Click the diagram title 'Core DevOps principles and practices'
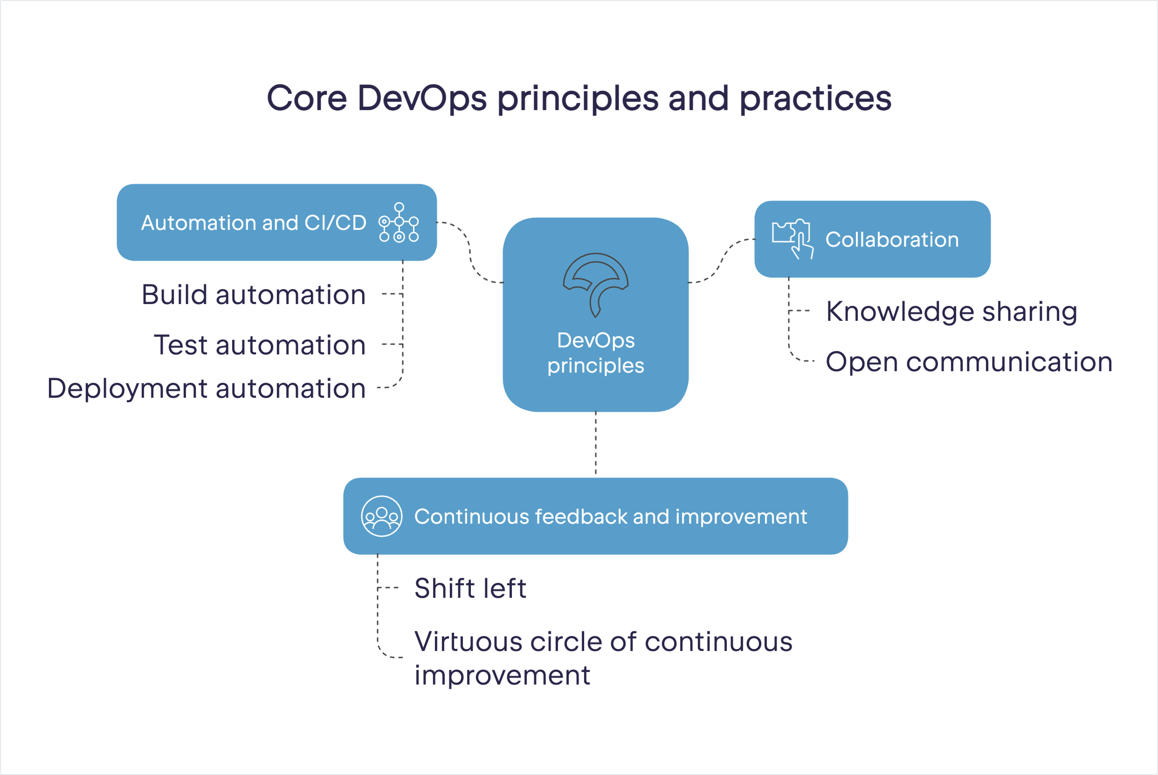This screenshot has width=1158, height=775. pos(579,98)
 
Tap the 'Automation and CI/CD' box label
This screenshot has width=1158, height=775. pos(254,223)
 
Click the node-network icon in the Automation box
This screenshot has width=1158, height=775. pos(399,222)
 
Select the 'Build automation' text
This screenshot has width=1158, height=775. pos(254,295)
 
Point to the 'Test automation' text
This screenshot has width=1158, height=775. pos(260,345)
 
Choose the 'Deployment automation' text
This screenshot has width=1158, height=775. pos(207,389)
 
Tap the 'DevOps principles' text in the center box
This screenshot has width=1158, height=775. pos(595,353)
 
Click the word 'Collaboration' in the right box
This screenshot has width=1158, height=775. pos(892,240)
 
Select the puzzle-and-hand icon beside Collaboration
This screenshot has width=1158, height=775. pos(793,239)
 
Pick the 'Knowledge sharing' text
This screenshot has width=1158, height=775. pos(951,312)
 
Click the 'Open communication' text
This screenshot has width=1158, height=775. pos(969,362)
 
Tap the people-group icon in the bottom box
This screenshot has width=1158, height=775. pos(381,516)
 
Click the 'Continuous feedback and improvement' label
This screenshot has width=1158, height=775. pos(611,517)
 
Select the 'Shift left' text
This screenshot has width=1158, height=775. pos(470,588)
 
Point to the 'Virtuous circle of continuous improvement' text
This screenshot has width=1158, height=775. pos(603,658)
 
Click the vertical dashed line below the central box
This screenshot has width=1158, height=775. pos(596,443)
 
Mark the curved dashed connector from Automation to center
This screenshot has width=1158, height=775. pos(469,252)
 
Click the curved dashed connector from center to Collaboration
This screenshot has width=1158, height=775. pos(722,261)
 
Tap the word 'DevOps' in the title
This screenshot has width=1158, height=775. pos(422,98)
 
